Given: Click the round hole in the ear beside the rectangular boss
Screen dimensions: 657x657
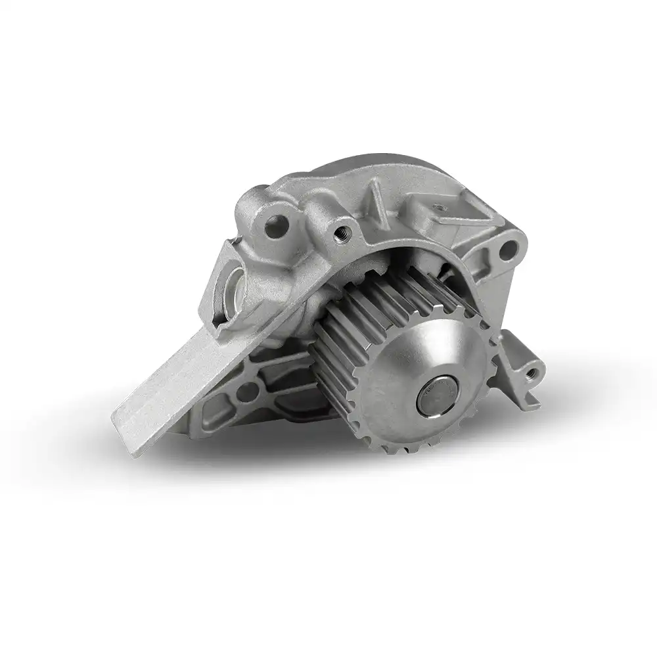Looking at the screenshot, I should pos(506,249).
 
